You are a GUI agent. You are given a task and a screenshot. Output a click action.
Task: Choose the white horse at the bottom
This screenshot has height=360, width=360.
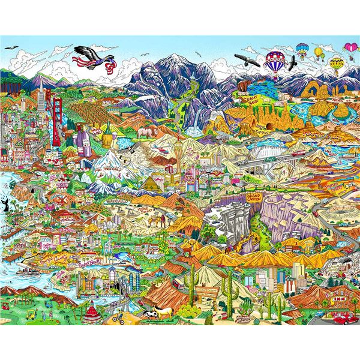150,313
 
